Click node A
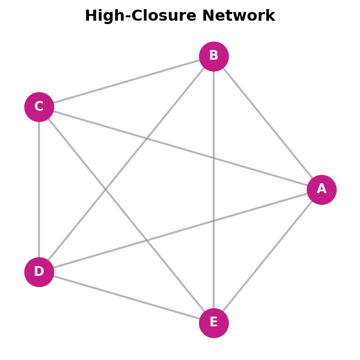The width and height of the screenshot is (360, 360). [321, 190]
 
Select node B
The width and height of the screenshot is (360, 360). [214, 56]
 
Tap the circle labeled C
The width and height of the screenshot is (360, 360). [39, 107]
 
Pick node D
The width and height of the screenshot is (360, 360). [39, 272]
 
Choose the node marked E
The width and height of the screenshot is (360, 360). [214, 323]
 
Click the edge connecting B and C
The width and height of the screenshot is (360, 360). [126, 82]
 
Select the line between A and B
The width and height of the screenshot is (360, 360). [268, 123]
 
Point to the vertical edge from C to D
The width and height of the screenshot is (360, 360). [39, 189]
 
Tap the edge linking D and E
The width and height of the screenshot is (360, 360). [126, 297]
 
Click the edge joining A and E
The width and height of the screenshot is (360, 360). [268, 257]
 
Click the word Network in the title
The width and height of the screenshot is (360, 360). [238, 16]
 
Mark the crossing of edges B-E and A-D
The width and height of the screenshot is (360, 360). [214, 221]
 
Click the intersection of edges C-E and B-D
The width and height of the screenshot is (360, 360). [105, 189]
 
